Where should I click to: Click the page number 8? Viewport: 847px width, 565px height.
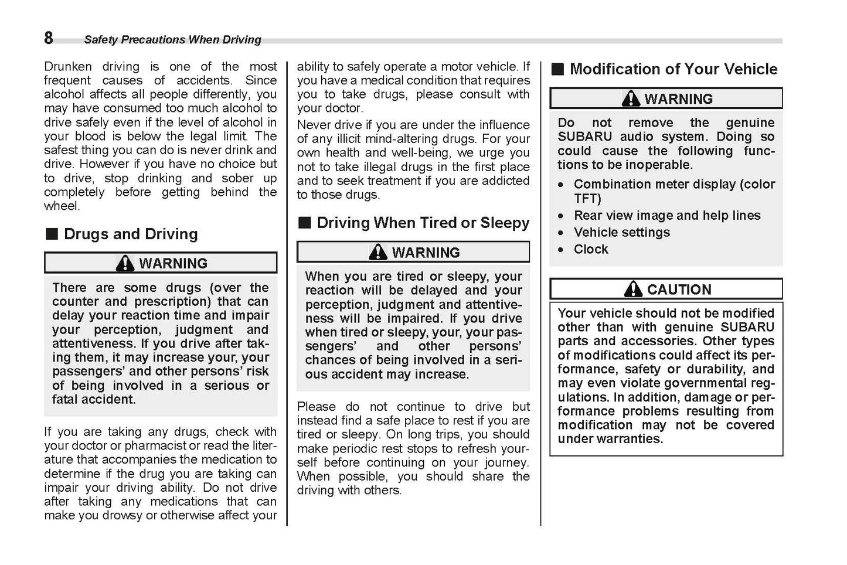click(x=49, y=38)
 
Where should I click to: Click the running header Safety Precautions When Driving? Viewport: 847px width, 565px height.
click(x=172, y=40)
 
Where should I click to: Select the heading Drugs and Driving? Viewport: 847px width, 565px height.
click(x=131, y=234)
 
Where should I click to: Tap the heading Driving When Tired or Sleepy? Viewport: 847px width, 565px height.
click(x=423, y=223)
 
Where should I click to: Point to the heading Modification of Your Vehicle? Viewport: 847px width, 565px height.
click(x=673, y=69)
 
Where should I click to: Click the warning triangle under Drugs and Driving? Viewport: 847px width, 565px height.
click(x=125, y=263)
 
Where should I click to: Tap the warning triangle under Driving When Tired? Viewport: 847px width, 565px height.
click(x=378, y=252)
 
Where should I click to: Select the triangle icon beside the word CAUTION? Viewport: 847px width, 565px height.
click(x=633, y=289)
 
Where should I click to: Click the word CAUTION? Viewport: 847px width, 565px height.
click(x=679, y=290)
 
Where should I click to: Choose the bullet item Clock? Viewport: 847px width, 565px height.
click(x=591, y=249)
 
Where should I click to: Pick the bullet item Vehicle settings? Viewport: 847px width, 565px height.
click(x=621, y=232)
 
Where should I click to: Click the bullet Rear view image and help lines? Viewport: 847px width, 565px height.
click(x=667, y=215)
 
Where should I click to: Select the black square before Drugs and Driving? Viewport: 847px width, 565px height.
click(x=52, y=234)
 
